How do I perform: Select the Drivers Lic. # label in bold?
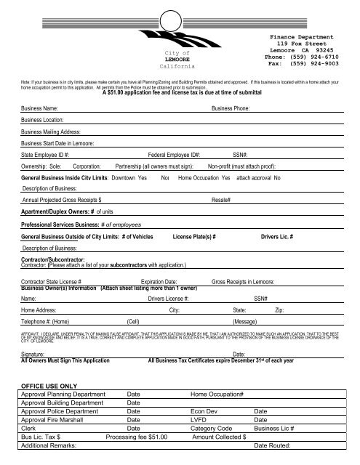pos(281,237)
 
